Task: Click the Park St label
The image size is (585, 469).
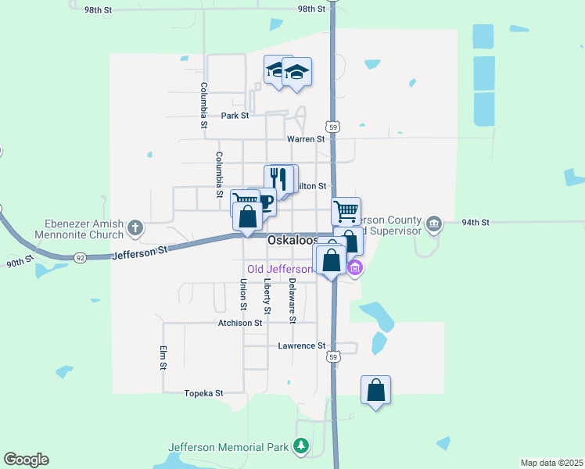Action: [x=234, y=116]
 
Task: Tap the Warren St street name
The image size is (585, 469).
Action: [x=306, y=139]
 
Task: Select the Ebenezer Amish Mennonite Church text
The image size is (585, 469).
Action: [x=79, y=228]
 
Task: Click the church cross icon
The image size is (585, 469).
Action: [x=135, y=228]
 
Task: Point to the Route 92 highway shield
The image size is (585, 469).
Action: [x=80, y=256]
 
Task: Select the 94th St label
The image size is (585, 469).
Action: [x=475, y=223]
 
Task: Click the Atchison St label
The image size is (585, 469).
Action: [x=239, y=323]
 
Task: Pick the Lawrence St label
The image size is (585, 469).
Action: [x=301, y=345]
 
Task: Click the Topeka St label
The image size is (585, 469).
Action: [x=203, y=393]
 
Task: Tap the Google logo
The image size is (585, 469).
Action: [x=26, y=460]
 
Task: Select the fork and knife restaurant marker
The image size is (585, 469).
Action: [x=277, y=179]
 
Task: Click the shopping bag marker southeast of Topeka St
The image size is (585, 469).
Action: [x=375, y=389]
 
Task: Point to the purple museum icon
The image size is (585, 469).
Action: [x=355, y=270]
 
